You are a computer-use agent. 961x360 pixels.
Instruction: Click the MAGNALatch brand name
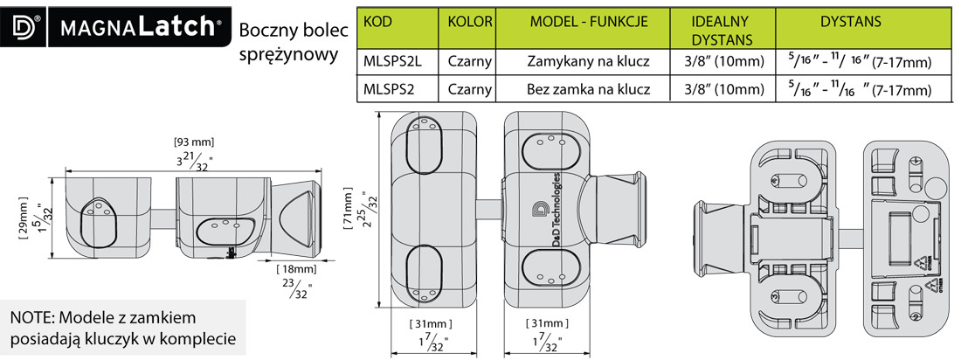[141, 27]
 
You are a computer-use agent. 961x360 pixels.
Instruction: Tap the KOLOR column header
[470, 20]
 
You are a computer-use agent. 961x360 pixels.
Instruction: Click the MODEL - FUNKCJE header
[588, 20]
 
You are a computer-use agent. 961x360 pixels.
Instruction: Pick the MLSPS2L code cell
[392, 62]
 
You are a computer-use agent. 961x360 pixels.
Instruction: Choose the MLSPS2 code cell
[389, 89]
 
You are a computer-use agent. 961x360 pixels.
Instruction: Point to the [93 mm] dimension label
[194, 142]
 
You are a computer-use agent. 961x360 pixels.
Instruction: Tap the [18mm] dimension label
[294, 268]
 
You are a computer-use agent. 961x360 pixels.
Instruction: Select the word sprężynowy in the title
[287, 55]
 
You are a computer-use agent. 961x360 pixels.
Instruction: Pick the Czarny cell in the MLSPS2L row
[470, 62]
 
